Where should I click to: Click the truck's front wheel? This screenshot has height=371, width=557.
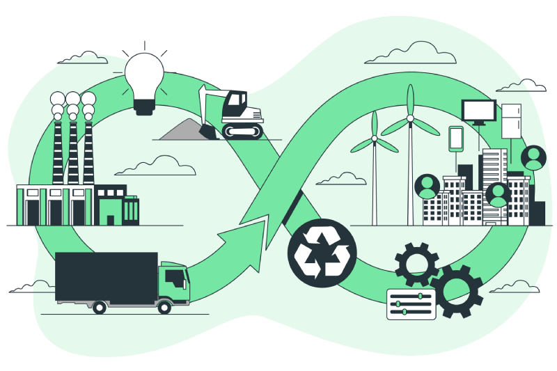164,306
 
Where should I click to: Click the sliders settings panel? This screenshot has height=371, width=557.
411,304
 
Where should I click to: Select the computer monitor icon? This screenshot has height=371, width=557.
479,111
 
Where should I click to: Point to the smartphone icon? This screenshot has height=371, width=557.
456,137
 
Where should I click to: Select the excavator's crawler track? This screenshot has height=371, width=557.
242,130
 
